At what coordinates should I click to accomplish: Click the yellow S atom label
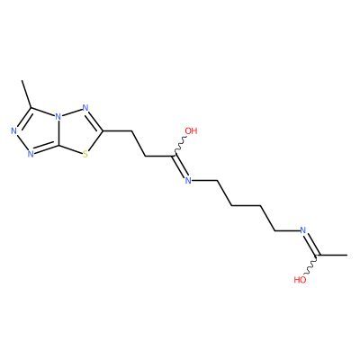point(85,155)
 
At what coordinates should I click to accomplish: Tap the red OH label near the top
point(191,130)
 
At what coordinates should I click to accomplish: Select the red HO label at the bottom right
point(300,280)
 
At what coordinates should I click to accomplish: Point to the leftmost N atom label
point(13,131)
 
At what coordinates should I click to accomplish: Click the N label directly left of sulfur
point(30,155)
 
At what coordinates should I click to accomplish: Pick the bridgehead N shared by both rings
point(58,116)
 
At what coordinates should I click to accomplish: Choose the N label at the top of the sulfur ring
point(85,108)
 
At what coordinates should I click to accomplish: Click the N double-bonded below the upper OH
point(188,180)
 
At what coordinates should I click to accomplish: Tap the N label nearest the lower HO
point(303,230)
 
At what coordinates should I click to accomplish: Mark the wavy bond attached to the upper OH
point(180,146)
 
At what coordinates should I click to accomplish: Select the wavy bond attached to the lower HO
point(311,265)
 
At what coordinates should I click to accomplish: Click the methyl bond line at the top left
point(26,94)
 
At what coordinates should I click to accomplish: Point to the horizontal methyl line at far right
point(333,256)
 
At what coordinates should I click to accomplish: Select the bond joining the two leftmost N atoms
point(21,143)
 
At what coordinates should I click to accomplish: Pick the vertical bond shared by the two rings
point(58,133)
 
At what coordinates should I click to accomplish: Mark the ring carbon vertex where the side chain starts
point(103,131)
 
